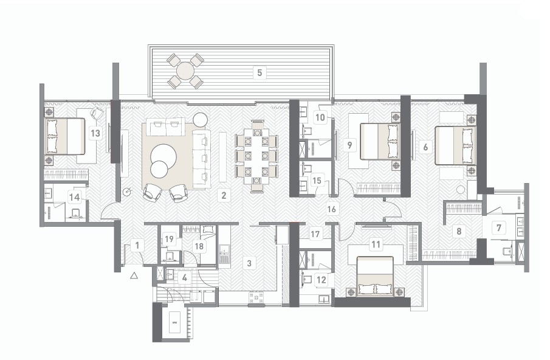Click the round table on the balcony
coord(185,71)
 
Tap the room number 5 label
coord(260,72)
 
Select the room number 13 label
coord(95,133)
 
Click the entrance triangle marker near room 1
coord(134,276)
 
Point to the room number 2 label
coord(224,195)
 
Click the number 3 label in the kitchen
coord(249,263)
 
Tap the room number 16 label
coord(331,209)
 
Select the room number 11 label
coord(376,244)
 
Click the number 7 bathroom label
coord(499,228)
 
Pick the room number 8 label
coord(459,231)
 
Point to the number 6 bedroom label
coord(425,147)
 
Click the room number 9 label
coord(349,145)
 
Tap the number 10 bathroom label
coord(320,117)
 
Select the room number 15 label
coord(317,181)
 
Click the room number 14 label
coord(74,197)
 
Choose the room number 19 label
coord(169,240)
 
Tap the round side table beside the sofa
coord(200,120)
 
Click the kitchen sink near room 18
coord(224,251)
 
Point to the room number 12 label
coord(321,280)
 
